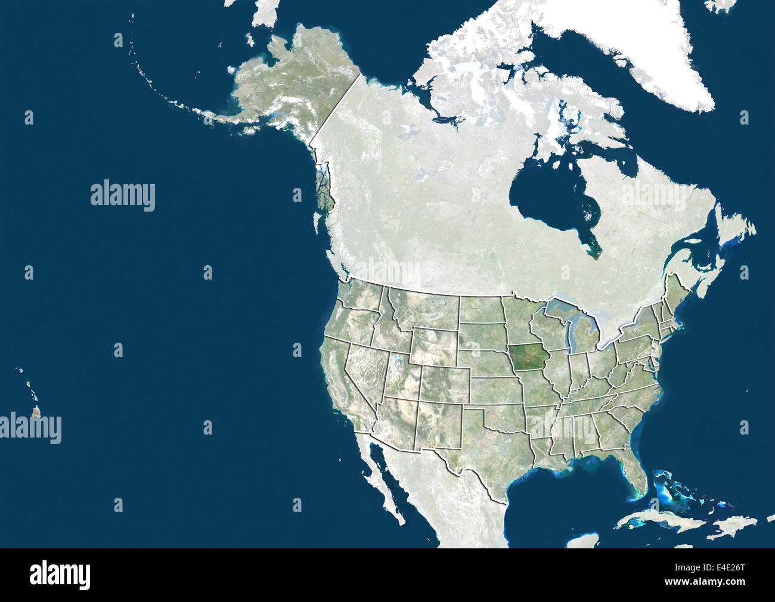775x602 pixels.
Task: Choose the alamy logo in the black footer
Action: (60, 575)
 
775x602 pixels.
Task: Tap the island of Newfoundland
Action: (736, 229)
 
